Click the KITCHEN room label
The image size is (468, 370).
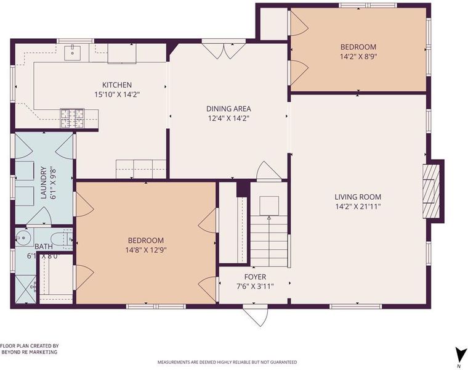pos(117,85)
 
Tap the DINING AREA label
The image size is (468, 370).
pos(228,109)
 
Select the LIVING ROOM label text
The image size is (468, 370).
pos(358,197)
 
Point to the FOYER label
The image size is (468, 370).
pos(255,277)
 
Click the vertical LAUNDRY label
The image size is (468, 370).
pos(44,183)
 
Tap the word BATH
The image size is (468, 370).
pos(44,247)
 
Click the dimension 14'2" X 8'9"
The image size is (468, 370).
pos(358,57)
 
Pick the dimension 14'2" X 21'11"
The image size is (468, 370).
pos(358,207)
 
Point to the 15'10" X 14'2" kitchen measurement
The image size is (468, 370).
pos(117,95)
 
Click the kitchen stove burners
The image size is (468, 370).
pos(73,118)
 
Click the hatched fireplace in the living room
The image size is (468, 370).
pos(431,191)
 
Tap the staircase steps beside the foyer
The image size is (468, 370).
pos(269,241)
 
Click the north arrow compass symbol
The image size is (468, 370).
pos(459,355)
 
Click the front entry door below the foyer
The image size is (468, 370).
pos(256,316)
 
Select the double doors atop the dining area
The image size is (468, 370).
pos(224,51)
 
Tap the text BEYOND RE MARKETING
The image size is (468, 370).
pos(30,352)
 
